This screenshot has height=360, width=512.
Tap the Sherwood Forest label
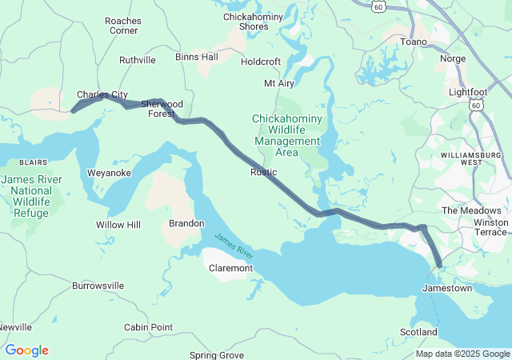click(162, 109)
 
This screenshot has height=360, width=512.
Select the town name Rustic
click(263, 172)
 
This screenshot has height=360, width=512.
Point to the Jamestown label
click(447, 287)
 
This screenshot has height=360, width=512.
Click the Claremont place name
click(230, 268)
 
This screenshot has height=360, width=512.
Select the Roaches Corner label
click(123, 25)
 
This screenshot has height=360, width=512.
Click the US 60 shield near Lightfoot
click(477, 105)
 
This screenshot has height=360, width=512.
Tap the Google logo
click(26, 350)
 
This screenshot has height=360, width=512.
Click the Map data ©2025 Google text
click(462, 354)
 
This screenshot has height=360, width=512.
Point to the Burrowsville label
click(98, 285)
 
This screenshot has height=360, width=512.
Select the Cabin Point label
click(148, 327)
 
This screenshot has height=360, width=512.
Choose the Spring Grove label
click(217, 354)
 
